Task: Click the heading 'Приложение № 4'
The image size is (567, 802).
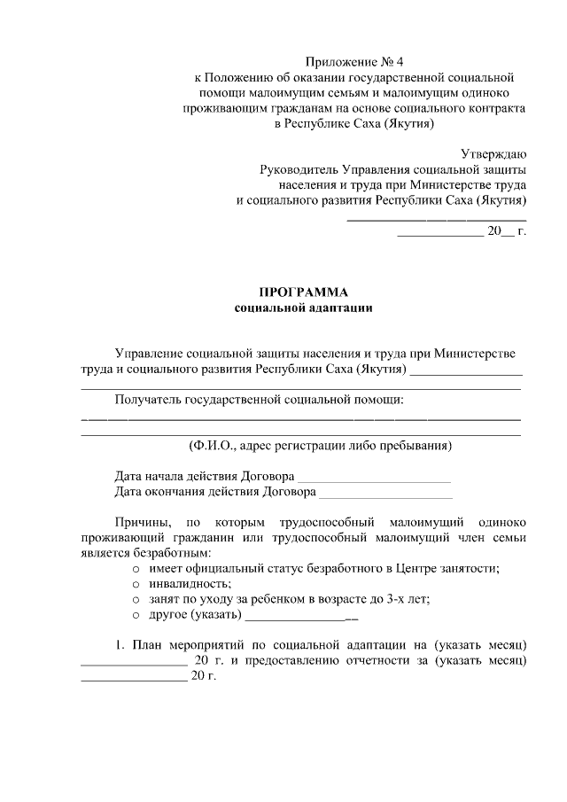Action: point(354,62)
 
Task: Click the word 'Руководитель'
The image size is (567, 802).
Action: point(297,169)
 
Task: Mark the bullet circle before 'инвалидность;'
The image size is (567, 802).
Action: point(136,583)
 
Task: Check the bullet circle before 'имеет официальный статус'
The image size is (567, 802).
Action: point(136,568)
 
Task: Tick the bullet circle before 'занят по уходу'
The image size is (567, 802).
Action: point(136,599)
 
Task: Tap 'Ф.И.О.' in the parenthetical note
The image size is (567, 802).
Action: point(213,445)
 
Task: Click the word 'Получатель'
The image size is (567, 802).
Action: point(148,400)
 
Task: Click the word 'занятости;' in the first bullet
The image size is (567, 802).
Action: point(469,568)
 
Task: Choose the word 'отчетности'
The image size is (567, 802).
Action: point(386,661)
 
